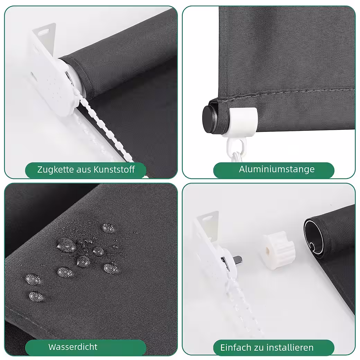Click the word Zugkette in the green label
tap(56, 170)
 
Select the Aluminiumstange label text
tap(277, 169)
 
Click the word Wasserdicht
tap(73, 347)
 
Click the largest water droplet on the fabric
tap(66, 245)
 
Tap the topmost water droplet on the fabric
tap(108, 228)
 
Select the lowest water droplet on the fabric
tap(36, 297)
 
